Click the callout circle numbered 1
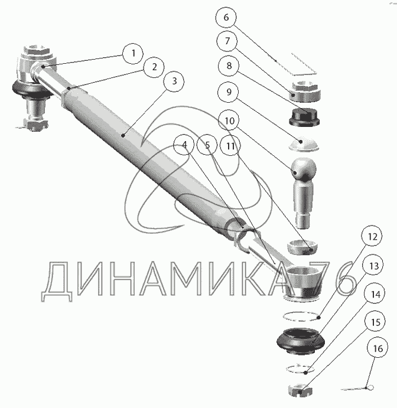pos(133,54)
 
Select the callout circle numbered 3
pos(174,81)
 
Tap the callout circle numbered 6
pos(226,18)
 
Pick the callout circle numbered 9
pos(229,92)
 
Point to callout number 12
pos(372,237)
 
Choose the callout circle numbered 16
pos(378,348)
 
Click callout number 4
pos(184,145)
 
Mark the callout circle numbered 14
pos(375,294)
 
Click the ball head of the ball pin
pos(304,169)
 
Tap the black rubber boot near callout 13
pos(301,341)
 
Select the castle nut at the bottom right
pos(300,390)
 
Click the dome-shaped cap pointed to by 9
pos(304,144)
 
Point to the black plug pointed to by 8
pos(304,117)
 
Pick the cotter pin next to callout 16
pos(357,389)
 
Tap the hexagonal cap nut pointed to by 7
pos(305,92)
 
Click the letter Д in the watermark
pos(57,281)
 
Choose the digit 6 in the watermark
pos(341,279)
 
